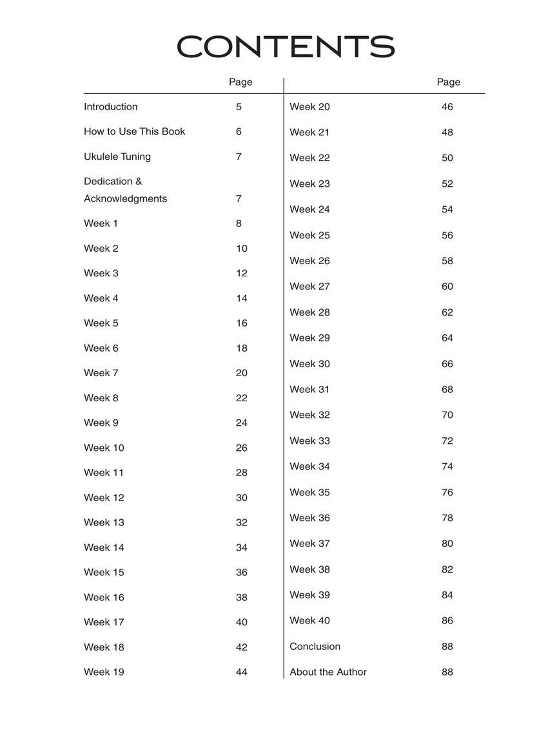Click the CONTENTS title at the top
(x=285, y=47)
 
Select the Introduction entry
(x=110, y=107)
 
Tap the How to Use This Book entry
(x=134, y=131)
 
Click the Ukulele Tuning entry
(x=117, y=157)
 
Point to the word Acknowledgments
(x=125, y=198)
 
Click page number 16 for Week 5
(x=241, y=323)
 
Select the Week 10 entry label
(x=104, y=448)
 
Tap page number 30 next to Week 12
(x=241, y=498)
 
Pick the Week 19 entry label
(x=104, y=672)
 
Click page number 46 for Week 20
(x=447, y=107)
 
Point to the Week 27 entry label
(x=309, y=287)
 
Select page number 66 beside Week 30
(x=447, y=364)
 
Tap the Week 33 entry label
(x=309, y=441)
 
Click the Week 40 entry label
(x=309, y=621)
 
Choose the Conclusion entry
(x=315, y=647)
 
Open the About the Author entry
(x=327, y=672)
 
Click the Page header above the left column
(x=240, y=82)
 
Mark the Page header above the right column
(x=448, y=82)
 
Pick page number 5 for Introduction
(x=239, y=107)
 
